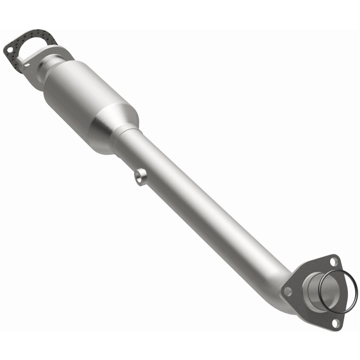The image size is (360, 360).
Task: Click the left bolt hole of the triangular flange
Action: pos(288,291)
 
